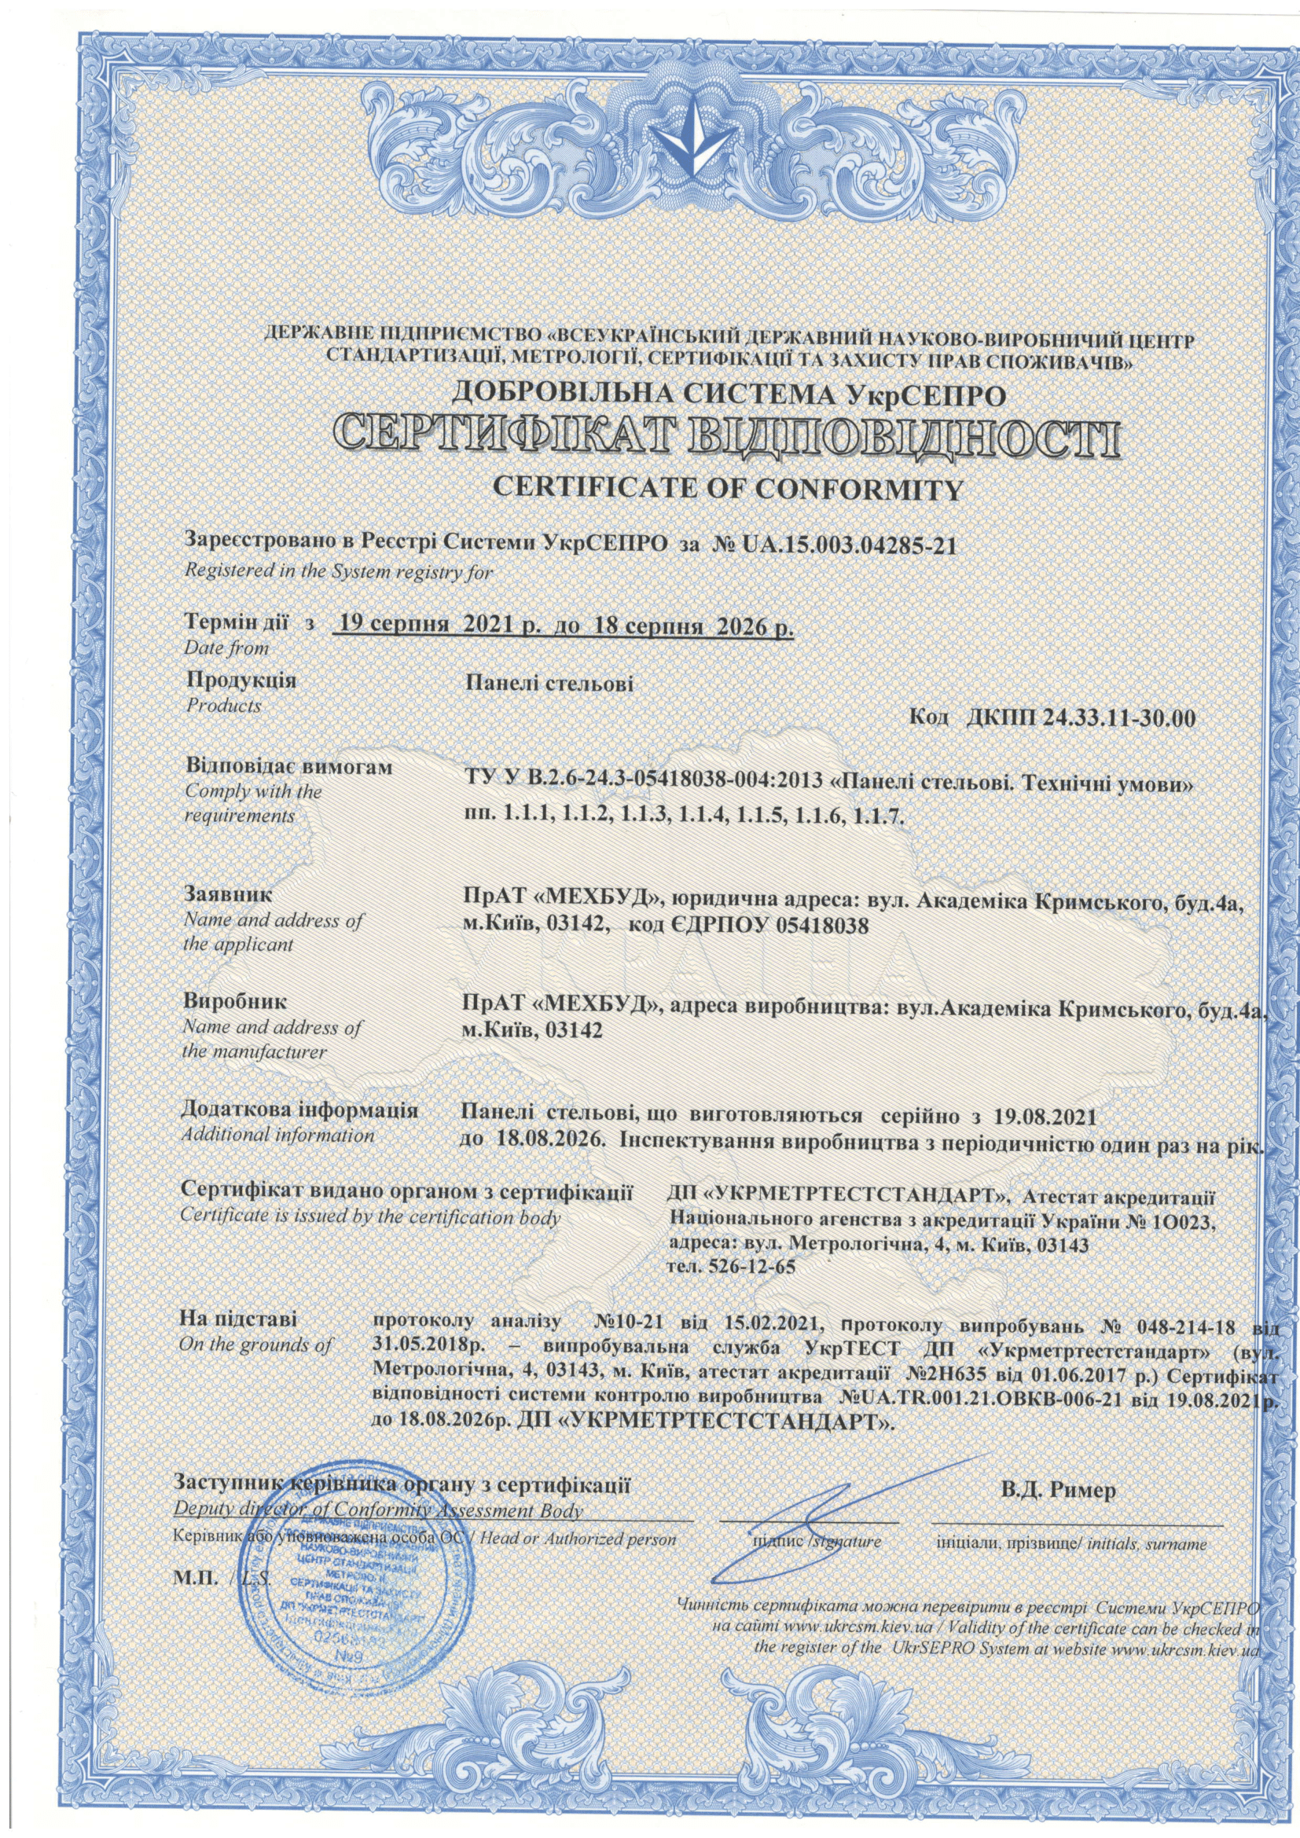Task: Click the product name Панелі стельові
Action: [548, 684]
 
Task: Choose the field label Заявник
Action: [228, 893]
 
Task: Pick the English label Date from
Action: [226, 647]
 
